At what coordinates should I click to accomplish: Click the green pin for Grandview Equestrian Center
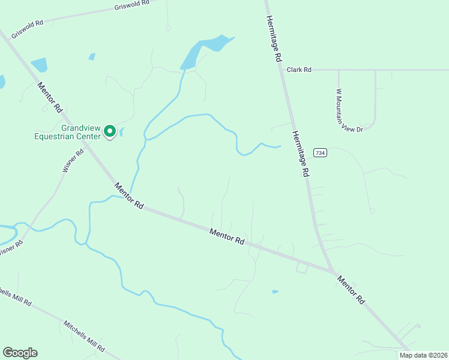coord(110,131)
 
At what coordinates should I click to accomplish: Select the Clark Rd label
coord(298,70)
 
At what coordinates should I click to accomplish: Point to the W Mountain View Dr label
coord(349,111)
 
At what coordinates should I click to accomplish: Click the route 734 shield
coord(321,153)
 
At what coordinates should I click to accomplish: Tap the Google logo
coord(20,353)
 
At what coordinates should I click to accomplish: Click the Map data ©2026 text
coord(423,355)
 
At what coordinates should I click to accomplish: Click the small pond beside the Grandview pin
coord(121,132)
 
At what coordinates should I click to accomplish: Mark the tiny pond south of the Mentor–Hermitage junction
coord(275,292)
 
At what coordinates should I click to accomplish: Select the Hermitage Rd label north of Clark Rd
coord(273,41)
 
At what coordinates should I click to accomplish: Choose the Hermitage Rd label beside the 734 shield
coord(300,154)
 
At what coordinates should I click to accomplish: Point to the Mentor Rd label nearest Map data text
coord(351,289)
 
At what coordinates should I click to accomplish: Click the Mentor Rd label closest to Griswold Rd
coord(50,97)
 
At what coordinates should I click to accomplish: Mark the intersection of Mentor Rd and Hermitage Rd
coord(332,271)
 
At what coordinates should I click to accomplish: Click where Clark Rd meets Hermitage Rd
coord(282,70)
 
